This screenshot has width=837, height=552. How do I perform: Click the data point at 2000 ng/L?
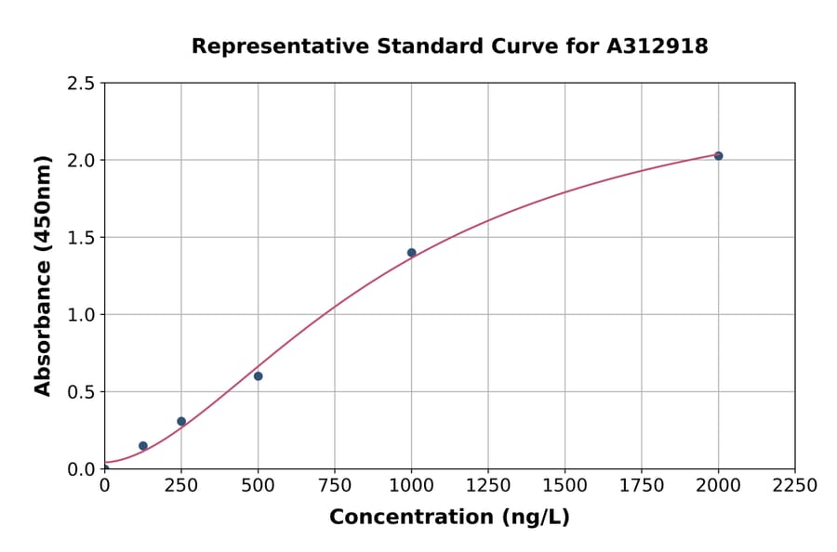pyautogui.click(x=718, y=156)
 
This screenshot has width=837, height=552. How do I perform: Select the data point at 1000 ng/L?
pyautogui.click(x=411, y=253)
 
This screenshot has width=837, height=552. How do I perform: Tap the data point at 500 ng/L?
pyautogui.click(x=258, y=376)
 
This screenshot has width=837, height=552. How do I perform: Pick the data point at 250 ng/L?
pyautogui.click(x=181, y=422)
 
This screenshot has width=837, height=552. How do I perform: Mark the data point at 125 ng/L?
pyautogui.click(x=143, y=446)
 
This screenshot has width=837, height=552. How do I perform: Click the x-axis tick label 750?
pyautogui.click(x=335, y=486)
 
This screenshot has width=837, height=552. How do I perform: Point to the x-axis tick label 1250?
pyautogui.click(x=488, y=486)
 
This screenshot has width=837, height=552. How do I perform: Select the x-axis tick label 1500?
pyautogui.click(x=565, y=486)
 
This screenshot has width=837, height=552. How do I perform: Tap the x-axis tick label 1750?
pyautogui.click(x=642, y=486)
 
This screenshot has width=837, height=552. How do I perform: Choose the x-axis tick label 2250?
pyautogui.click(x=795, y=486)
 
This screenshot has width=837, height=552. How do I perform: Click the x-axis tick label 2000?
pyautogui.click(x=718, y=486)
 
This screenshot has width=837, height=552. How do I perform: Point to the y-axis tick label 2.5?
pyautogui.click(x=82, y=84)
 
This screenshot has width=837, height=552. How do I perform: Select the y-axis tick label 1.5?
pyautogui.click(x=82, y=238)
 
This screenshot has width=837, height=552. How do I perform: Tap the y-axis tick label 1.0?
pyautogui.click(x=82, y=315)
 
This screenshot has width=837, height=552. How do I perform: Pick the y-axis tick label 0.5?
pyautogui.click(x=82, y=392)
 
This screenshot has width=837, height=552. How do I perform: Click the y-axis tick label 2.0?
pyautogui.click(x=82, y=161)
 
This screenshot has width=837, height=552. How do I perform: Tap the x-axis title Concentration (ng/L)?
pyautogui.click(x=449, y=518)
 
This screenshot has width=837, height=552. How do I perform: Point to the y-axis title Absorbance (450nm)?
pyautogui.click(x=43, y=276)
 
